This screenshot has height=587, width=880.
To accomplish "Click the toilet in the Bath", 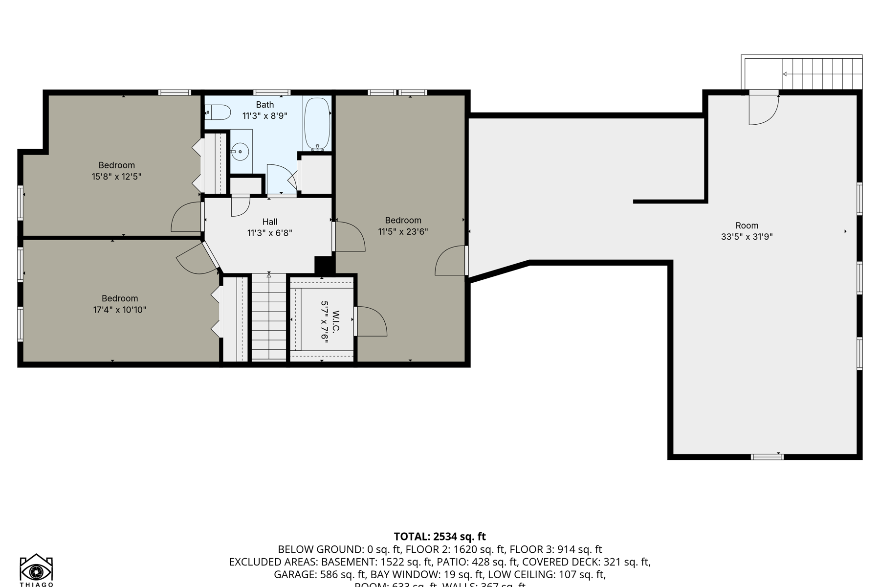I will (x=220, y=113).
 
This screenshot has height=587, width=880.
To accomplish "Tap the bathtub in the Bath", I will (x=317, y=123).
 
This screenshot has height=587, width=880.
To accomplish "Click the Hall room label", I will (x=269, y=222).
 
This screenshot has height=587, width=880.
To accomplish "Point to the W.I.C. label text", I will (x=336, y=320).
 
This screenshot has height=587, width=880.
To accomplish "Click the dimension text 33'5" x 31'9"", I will (x=747, y=237).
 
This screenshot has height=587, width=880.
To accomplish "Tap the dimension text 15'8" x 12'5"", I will (x=116, y=177).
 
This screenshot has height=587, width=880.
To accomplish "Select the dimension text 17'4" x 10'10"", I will (x=120, y=310).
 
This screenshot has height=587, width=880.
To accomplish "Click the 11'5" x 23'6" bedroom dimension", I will (x=403, y=232).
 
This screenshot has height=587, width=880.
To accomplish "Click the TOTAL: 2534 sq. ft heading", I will (x=440, y=537).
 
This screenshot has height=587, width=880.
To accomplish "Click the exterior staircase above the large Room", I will (x=822, y=74).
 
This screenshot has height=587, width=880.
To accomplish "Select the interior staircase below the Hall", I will (x=268, y=318).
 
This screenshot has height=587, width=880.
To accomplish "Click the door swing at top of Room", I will (x=763, y=110).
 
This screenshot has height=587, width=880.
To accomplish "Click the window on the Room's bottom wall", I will (x=767, y=457).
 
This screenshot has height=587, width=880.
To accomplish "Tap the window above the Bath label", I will (x=272, y=92).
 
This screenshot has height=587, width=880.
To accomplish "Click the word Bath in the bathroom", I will (x=264, y=105).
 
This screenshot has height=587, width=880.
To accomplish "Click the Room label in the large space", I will (x=747, y=226).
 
